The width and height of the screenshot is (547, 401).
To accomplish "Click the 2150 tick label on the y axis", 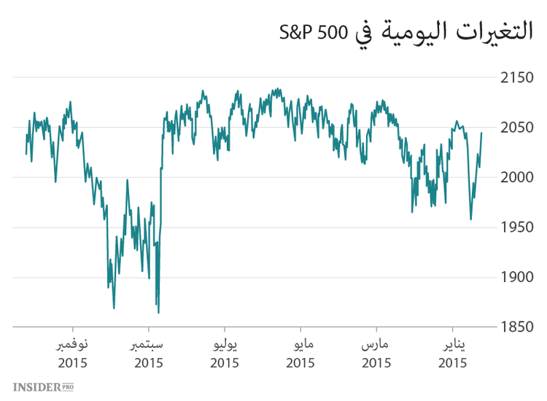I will pyautogui.click(x=517, y=77).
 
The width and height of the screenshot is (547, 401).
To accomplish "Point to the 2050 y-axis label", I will pyautogui.click(x=517, y=128).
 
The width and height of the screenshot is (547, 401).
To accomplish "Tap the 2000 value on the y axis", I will pyautogui.click(x=517, y=178).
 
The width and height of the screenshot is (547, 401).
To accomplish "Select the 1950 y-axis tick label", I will pyautogui.click(x=517, y=228).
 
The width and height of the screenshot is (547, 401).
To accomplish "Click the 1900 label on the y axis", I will pyautogui.click(x=517, y=279).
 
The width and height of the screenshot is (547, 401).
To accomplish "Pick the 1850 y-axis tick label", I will pyautogui.click(x=517, y=328).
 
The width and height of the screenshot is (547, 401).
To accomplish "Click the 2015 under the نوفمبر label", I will pyautogui.click(x=73, y=362).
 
